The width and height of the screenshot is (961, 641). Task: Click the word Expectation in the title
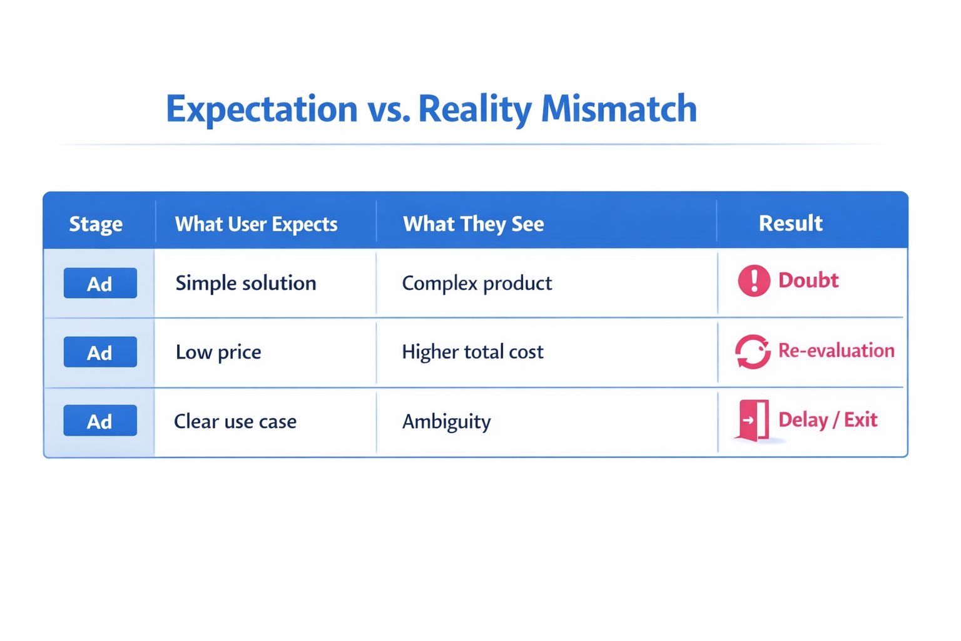coord(262,109)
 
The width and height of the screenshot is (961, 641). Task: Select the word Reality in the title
coord(474,109)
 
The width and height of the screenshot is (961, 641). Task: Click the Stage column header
coord(96,224)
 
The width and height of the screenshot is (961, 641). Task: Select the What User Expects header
coord(256,224)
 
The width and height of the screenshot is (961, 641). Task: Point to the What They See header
coord(473,224)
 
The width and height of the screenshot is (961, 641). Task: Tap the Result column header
coord(790,223)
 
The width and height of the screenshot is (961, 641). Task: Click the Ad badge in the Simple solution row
coord(100,284)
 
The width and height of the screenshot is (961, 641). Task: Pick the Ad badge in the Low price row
coord(100,352)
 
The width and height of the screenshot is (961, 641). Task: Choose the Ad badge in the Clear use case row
coord(100,421)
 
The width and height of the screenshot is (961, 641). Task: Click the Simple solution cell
coord(245,284)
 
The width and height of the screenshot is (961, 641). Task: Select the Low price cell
coord(218,352)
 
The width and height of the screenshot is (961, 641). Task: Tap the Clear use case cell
coord(235,421)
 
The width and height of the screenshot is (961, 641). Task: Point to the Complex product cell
coord(477,284)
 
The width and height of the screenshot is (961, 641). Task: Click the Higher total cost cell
coord(472,352)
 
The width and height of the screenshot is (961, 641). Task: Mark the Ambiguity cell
coord(446,421)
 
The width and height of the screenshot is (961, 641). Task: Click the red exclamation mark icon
coord(754,280)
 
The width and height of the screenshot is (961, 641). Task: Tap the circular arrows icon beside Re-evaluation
coord(753,352)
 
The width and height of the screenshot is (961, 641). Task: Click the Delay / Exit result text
coord(827,420)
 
